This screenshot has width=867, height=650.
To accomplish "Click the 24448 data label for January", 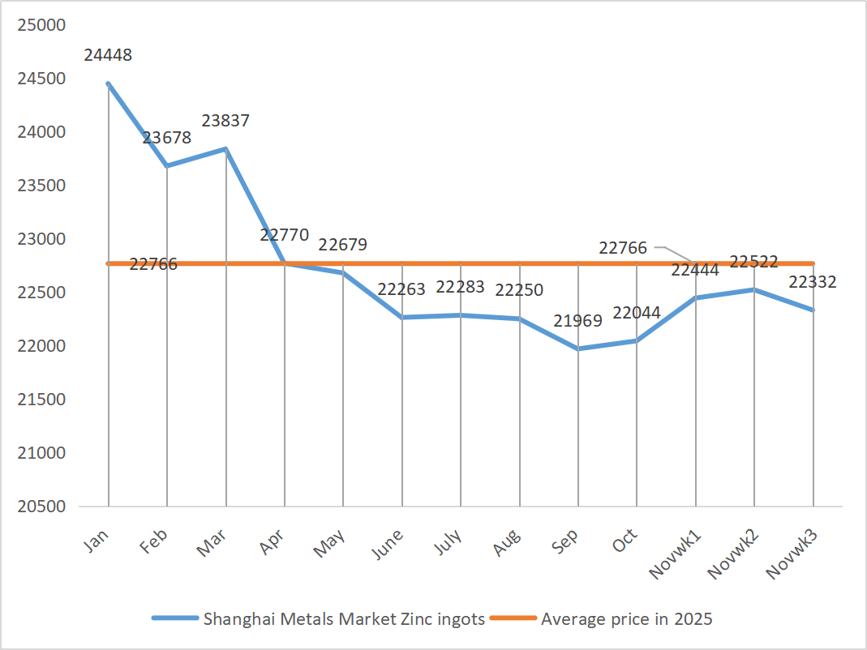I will click(x=108, y=56).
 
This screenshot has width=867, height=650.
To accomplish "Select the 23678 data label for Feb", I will click(x=167, y=138).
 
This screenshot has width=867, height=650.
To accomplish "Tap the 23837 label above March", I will click(x=225, y=121).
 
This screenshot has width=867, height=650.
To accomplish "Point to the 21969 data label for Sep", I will click(x=578, y=321).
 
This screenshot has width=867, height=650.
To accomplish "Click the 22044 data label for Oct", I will click(x=637, y=313).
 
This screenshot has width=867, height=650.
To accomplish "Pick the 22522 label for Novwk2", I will click(x=754, y=262).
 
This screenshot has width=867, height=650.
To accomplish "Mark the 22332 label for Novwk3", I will click(x=813, y=282).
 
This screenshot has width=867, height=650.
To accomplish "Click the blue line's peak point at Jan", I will click(x=108, y=83).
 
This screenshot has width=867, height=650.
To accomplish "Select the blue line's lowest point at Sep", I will click(x=578, y=349).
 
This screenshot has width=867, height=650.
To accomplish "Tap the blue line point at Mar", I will click(x=225, y=149).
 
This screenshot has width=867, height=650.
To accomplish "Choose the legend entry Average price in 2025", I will click(x=626, y=619).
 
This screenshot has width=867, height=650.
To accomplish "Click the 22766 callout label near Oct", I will click(x=623, y=248).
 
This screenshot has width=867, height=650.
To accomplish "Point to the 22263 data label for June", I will click(x=401, y=289).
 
